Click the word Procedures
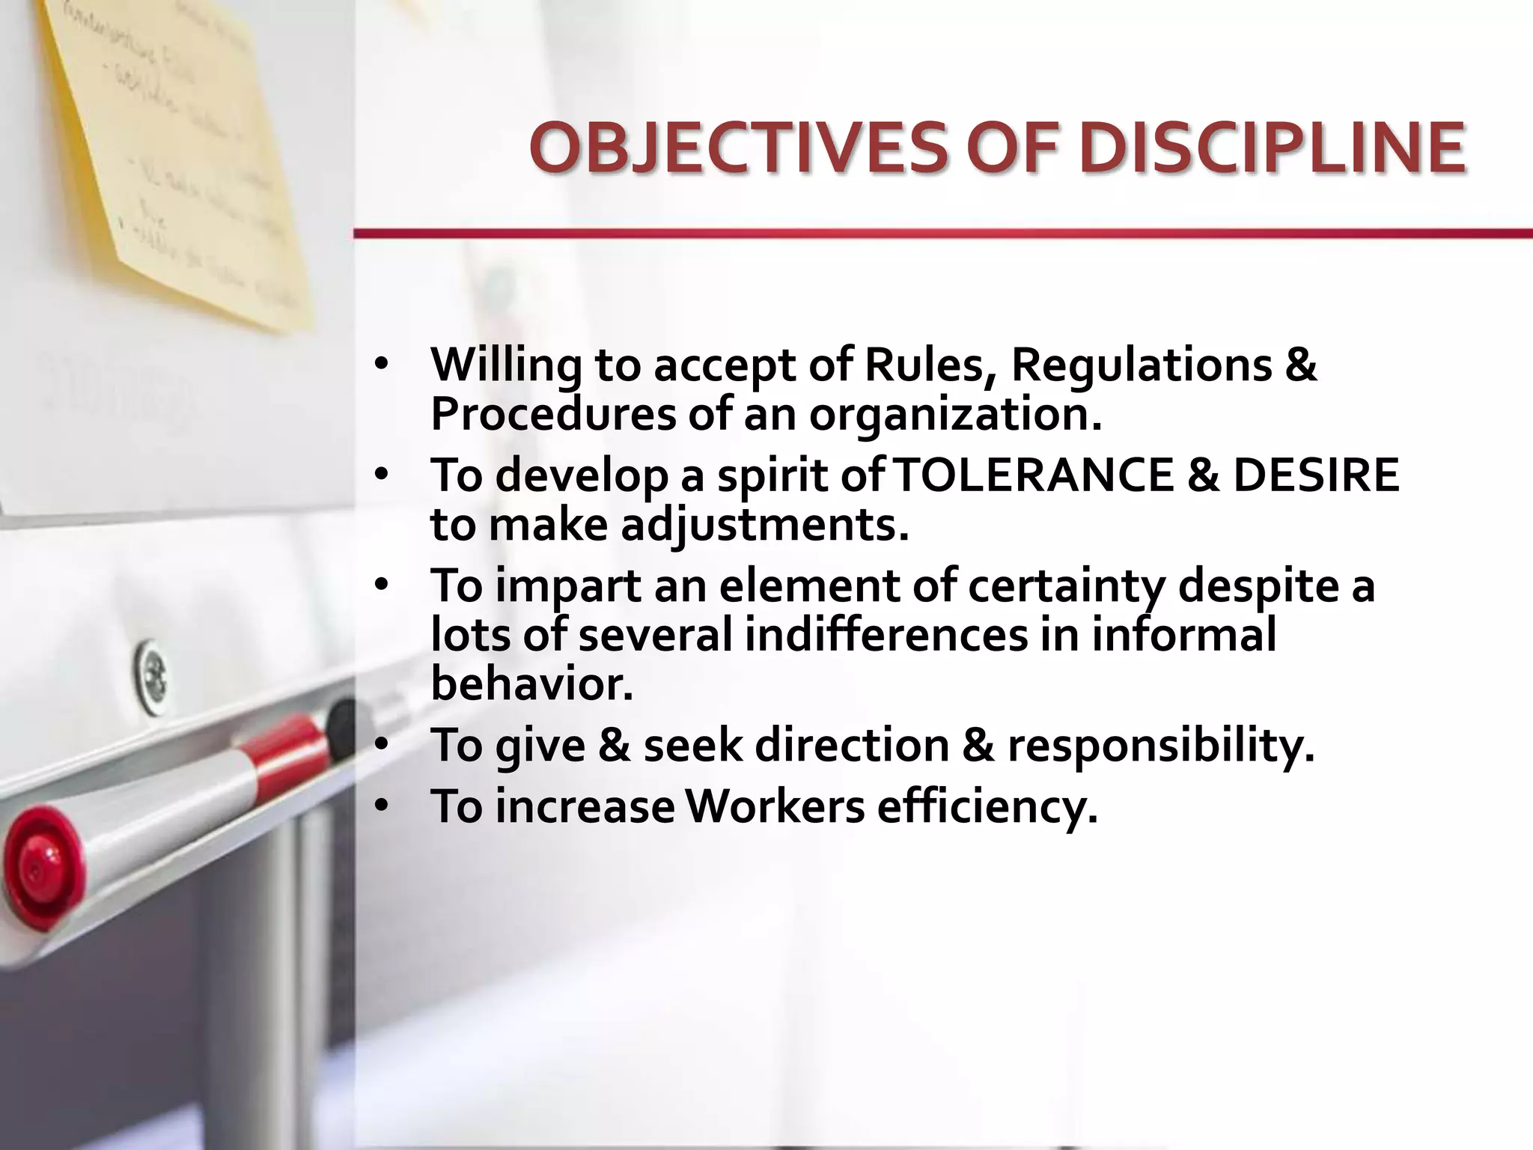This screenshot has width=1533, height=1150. click(x=553, y=414)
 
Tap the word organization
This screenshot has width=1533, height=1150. click(x=955, y=414)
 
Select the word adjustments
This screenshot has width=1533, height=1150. click(x=764, y=525)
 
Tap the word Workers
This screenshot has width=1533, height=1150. click(x=775, y=806)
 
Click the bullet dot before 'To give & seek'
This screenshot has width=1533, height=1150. click(x=382, y=745)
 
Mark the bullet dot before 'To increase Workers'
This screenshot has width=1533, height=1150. click(x=382, y=806)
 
